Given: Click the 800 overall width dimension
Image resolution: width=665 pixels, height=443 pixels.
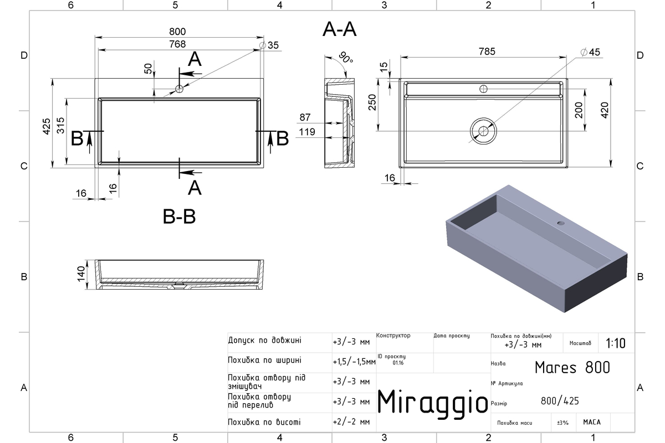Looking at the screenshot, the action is [x=177, y=32].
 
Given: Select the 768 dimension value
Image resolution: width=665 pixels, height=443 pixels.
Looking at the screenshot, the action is [x=177, y=44].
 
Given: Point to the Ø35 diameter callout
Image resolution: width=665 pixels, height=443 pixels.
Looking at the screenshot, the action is [x=269, y=45].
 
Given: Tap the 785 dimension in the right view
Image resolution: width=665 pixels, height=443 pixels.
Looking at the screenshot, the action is [x=487, y=51].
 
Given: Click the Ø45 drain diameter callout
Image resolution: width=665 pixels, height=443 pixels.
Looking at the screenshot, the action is [x=590, y=52].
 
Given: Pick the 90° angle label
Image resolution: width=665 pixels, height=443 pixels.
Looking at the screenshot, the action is [x=346, y=57].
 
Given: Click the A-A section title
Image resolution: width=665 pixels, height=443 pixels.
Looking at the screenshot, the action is [x=339, y=29].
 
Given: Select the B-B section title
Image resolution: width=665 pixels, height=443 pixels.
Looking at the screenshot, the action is [x=179, y=217].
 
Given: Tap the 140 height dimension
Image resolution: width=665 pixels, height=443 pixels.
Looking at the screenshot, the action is [x=81, y=275].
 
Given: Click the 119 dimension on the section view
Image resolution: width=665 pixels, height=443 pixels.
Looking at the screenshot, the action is [x=306, y=132].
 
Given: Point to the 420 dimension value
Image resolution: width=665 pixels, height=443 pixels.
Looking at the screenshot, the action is [x=605, y=110].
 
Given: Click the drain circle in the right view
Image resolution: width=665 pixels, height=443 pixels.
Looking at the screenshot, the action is [x=483, y=131].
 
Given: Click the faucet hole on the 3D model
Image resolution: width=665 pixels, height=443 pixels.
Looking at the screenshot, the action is [x=560, y=223].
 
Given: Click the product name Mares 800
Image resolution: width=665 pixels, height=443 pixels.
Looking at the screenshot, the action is [x=572, y=368].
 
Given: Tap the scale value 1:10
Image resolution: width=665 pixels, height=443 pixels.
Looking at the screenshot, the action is [x=616, y=343].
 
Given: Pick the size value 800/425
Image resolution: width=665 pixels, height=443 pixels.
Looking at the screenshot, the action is [x=560, y=401].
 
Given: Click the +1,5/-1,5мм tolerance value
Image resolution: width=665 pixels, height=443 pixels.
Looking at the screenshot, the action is [x=354, y=362].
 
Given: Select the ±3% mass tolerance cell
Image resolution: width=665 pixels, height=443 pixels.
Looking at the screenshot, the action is [x=562, y=423].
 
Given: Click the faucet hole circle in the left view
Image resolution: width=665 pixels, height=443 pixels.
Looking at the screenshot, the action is [x=179, y=89].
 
